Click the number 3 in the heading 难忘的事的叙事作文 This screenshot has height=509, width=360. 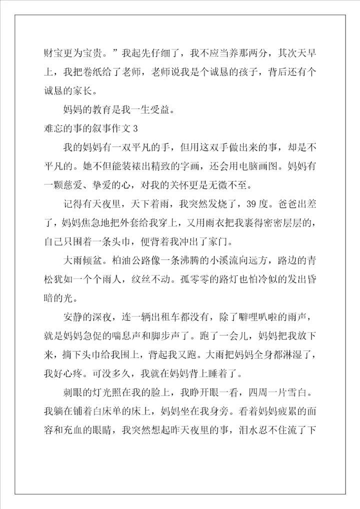pos(134,129)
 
